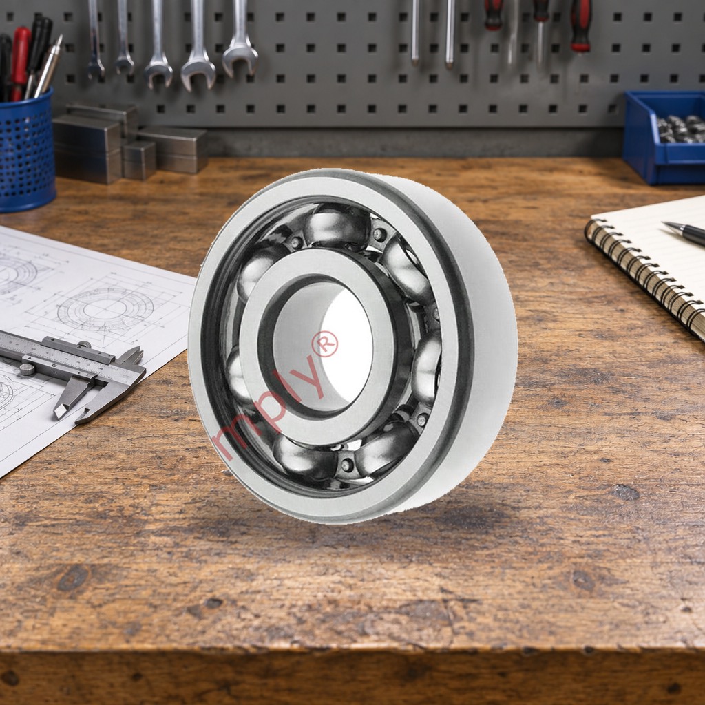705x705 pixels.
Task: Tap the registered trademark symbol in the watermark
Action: coord(325,344)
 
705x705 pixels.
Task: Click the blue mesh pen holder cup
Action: coord(26,151)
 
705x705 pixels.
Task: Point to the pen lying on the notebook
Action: coord(684,233)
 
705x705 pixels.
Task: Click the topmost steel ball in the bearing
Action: coord(336,225)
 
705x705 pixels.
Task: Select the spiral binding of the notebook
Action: coord(642,273)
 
